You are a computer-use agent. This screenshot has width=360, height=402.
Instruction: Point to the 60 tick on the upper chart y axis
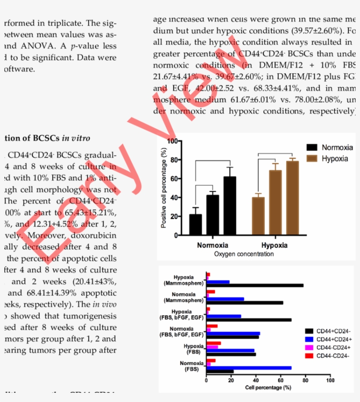click(174, 179)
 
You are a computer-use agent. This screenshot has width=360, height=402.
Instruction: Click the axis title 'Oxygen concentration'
click(244, 254)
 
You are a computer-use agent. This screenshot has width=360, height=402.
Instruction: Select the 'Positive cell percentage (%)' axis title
click(164, 188)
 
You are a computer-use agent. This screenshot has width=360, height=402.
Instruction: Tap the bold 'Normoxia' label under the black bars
click(213, 245)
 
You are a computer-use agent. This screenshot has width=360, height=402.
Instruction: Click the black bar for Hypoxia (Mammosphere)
click(255, 285)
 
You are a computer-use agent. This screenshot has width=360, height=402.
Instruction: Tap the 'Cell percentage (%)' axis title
click(268, 388)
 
